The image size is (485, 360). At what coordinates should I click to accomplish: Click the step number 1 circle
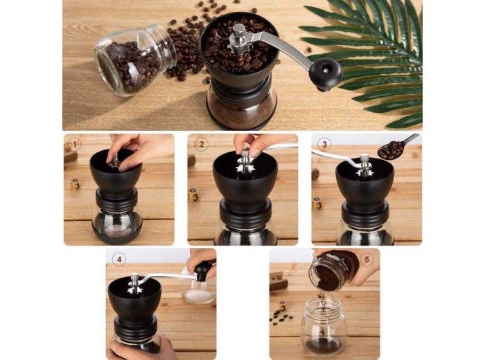pos(74,144)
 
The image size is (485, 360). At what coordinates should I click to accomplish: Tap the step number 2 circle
pos(202,144)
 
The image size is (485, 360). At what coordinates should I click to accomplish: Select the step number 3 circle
pos(324,144)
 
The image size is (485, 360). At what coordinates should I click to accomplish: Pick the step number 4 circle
pos(119,259)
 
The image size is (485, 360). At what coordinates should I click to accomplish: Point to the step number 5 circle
pos(367,259)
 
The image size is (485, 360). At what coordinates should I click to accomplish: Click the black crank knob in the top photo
pos(326,74)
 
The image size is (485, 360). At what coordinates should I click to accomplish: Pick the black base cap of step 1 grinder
pos(117,234)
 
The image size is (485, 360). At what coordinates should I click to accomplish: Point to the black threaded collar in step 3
pos(365,214)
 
